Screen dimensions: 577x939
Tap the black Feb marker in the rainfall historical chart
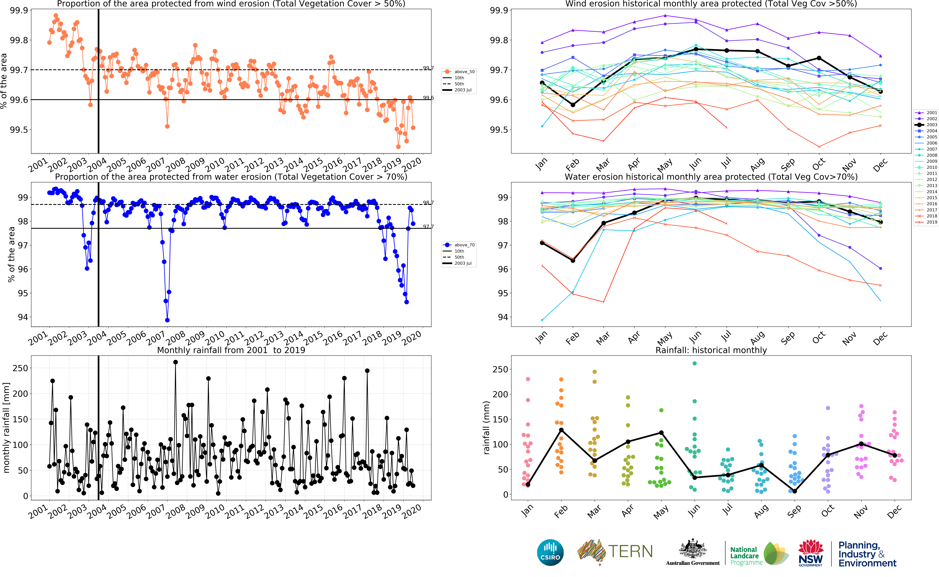pos(561,430)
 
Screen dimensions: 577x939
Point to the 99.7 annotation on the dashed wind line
pos(428,68)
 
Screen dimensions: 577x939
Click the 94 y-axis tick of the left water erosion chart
pos(23,317)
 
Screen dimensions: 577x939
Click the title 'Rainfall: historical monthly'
pos(711,350)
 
